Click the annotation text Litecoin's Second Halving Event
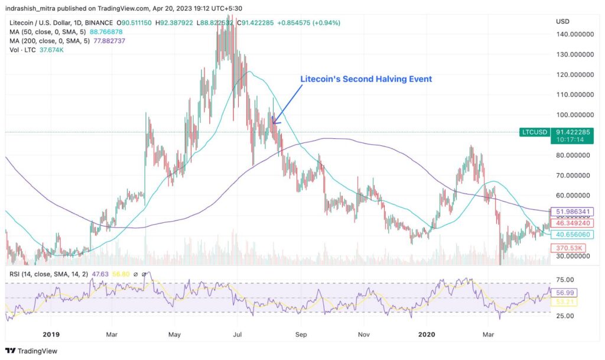point(366,79)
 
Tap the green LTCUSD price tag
point(534,133)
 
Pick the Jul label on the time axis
point(237,333)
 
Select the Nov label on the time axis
point(364,333)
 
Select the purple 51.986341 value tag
point(571,212)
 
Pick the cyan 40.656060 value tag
point(571,235)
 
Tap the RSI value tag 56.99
point(565,293)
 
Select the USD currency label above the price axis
point(563,21)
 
